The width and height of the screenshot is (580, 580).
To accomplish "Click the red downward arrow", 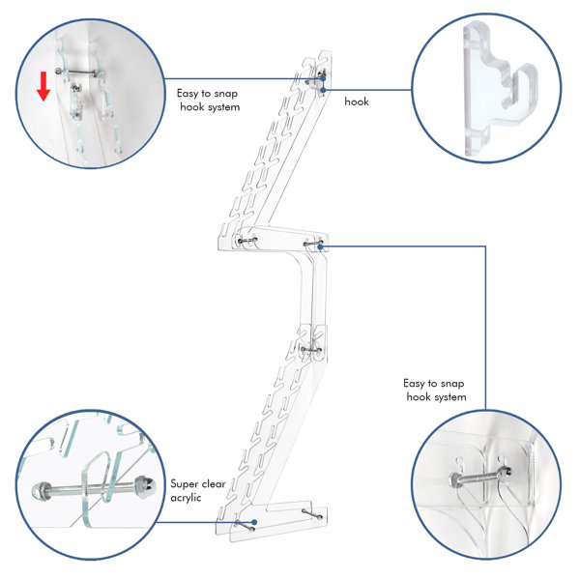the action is click(x=43, y=86).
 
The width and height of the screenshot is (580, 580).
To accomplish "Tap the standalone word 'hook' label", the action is click(x=357, y=101).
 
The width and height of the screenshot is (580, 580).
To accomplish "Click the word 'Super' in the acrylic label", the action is click(x=184, y=484).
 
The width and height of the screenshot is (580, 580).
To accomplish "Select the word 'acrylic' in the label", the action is click(x=186, y=498).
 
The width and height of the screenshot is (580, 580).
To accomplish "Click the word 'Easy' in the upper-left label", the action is click(x=188, y=94).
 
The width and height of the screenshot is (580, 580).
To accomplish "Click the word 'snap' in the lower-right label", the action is click(x=452, y=384).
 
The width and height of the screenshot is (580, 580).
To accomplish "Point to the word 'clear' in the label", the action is click(x=213, y=484).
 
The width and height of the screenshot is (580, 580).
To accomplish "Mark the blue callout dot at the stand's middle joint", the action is click(x=320, y=246).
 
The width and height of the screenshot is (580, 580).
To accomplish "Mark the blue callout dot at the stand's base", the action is click(x=254, y=522).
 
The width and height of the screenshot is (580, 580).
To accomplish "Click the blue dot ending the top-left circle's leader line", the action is click(x=323, y=78).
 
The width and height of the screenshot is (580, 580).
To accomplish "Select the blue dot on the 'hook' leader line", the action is click(x=323, y=90).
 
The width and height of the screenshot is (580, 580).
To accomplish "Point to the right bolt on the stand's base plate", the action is click(x=311, y=514).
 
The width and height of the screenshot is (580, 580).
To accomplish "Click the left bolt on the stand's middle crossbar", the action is click(x=247, y=241).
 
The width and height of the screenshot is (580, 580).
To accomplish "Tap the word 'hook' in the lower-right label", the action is click(x=419, y=397).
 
